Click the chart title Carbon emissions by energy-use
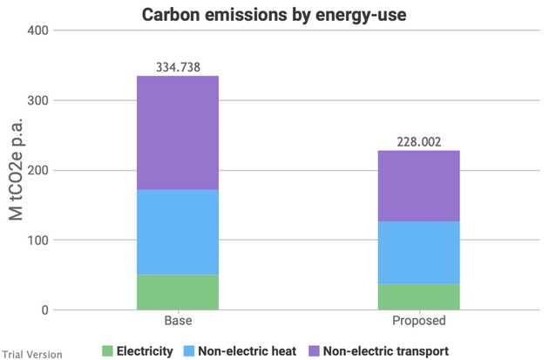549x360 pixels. (x=274, y=15)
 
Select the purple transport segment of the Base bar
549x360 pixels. (x=178, y=132)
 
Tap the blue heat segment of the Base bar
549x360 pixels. (x=178, y=233)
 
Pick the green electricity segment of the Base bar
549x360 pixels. (x=178, y=292)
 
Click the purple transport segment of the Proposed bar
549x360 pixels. (x=419, y=186)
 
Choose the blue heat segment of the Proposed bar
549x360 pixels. (x=419, y=253)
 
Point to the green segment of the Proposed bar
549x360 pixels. (x=419, y=297)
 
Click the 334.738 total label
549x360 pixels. (x=178, y=67)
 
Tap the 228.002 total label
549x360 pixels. (x=419, y=142)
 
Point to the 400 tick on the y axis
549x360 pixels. (x=37, y=31)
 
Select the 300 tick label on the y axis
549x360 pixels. (x=37, y=100)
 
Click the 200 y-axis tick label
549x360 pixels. (x=37, y=171)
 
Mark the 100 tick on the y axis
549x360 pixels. (x=37, y=241)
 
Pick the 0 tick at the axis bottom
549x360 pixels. (x=44, y=310)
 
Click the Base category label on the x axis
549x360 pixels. (x=178, y=321)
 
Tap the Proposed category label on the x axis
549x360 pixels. (x=419, y=321)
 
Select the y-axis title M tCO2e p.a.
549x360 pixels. (x=16, y=170)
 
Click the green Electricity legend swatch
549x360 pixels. (x=107, y=351)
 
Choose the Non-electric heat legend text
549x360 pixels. (x=247, y=351)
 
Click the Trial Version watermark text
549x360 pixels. (x=32, y=355)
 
